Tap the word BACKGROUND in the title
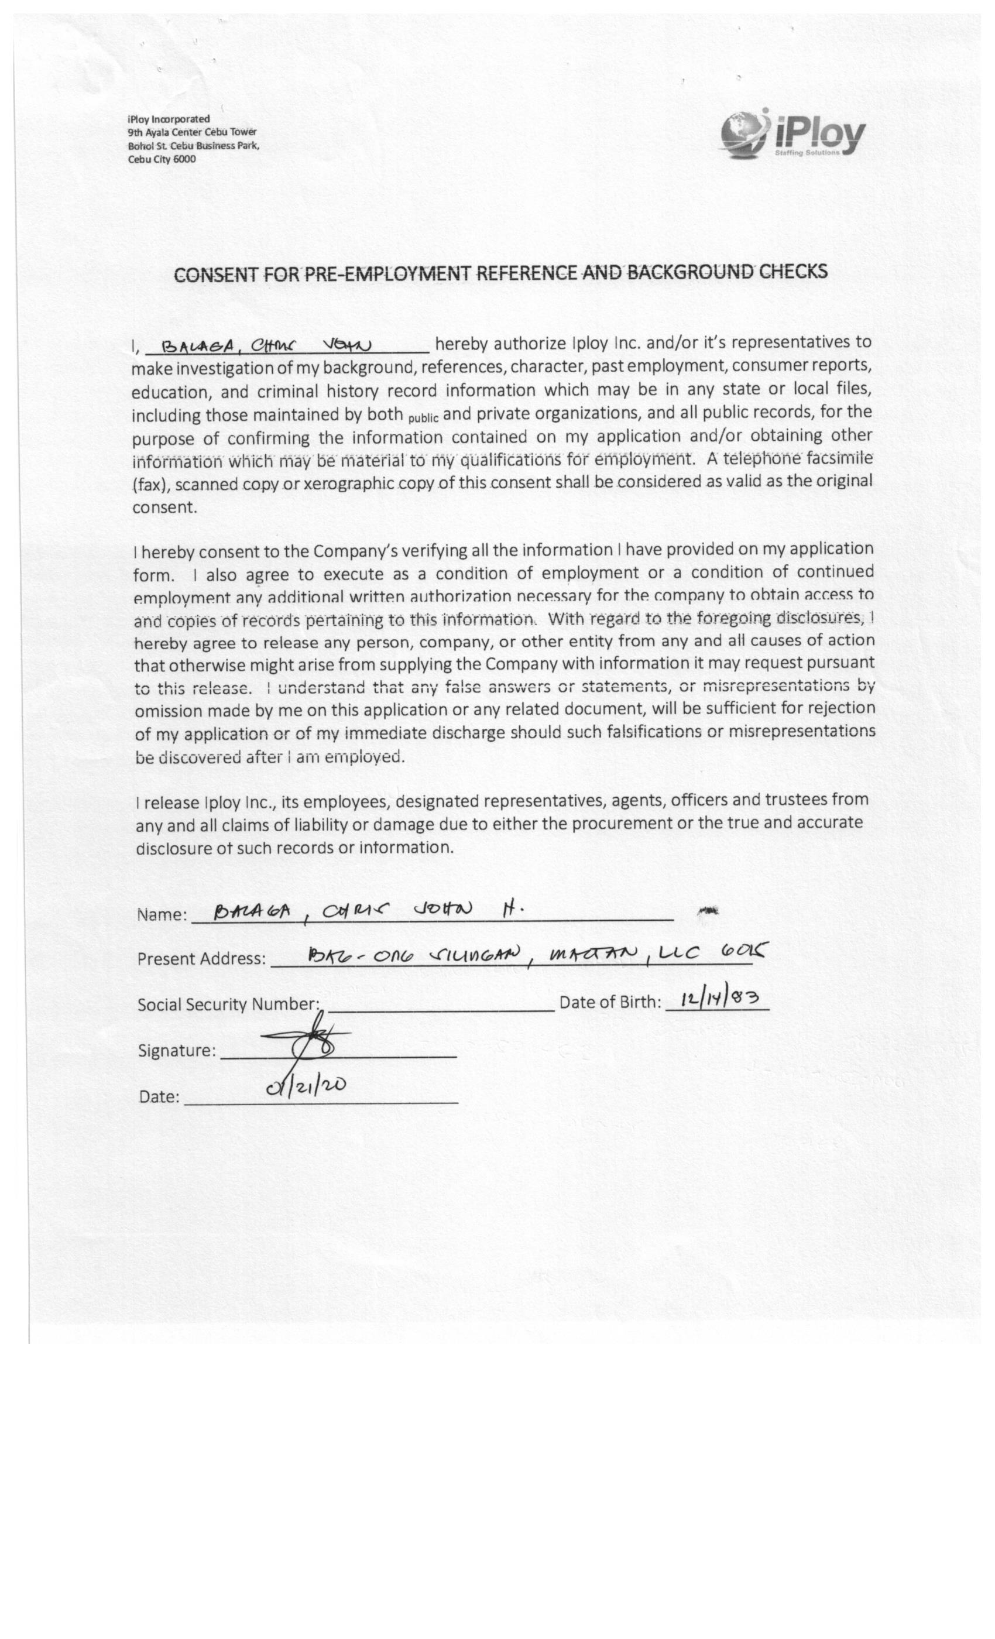pyautogui.click(x=691, y=272)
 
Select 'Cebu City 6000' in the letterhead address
pyautogui.click(x=162, y=160)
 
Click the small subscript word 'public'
pyautogui.click(x=423, y=419)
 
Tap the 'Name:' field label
pyautogui.click(x=162, y=914)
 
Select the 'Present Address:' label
pyautogui.click(x=201, y=959)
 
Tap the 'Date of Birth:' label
pyautogui.click(x=610, y=1002)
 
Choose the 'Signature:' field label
pyautogui.click(x=176, y=1050)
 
